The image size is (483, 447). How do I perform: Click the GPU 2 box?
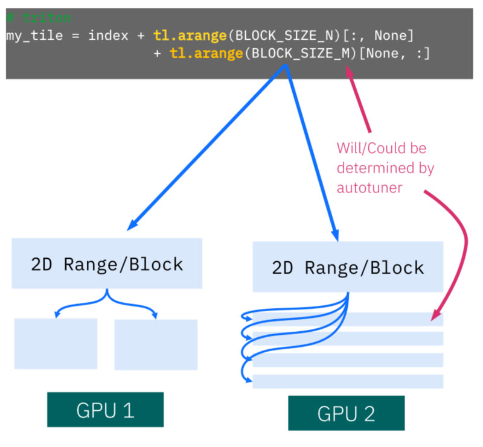pos(346,413)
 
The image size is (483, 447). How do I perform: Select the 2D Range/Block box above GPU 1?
pos(107,264)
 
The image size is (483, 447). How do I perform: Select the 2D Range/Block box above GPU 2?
pos(348,267)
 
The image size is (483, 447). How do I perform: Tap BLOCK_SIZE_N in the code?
pos(280,36)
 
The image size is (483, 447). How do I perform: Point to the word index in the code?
pos(107,36)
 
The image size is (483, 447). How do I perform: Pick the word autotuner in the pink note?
pos(369,188)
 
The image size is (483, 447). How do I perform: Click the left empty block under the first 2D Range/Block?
pos(56,343)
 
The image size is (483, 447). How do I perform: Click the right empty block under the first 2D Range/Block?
pos(156,344)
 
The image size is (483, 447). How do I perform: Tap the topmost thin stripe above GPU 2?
pos(348,319)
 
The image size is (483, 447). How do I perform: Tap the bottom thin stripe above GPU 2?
pos(348,381)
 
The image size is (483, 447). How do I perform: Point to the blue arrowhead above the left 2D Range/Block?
pos(130,227)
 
